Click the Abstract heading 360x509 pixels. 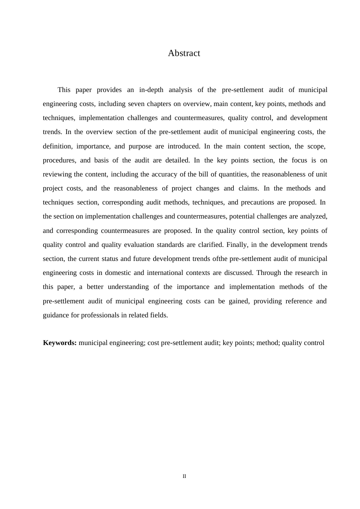point(184,53)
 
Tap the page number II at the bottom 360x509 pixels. point(184,476)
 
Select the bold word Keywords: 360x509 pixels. point(60,343)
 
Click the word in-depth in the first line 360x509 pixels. point(151,90)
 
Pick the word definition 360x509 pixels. point(57,146)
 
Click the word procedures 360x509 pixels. point(59,160)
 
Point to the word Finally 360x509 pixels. point(237,245)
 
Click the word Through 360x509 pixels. point(269,273)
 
